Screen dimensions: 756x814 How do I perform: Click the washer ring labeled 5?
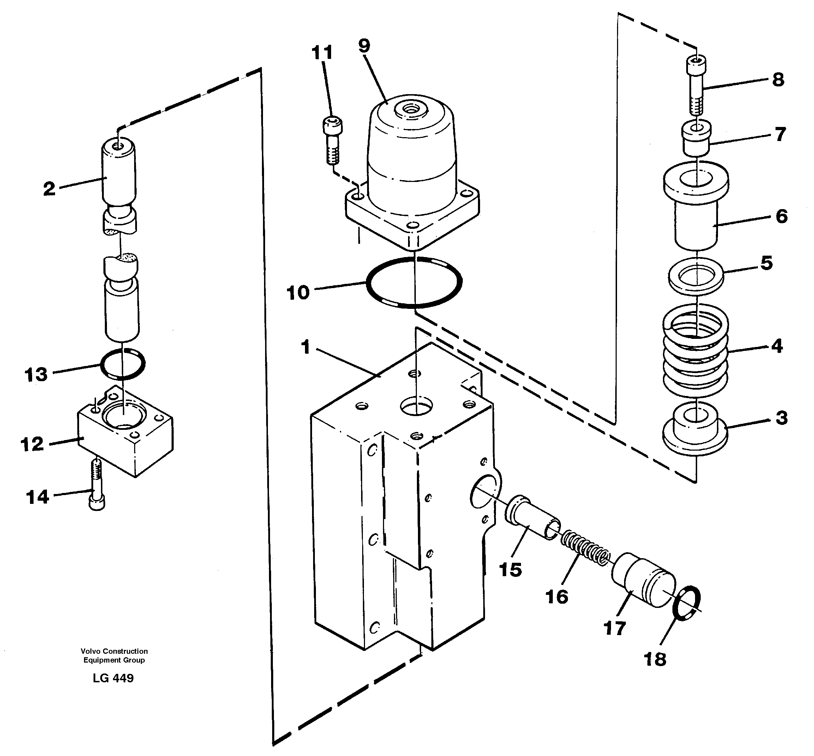(696, 276)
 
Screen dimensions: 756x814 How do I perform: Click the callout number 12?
(32, 444)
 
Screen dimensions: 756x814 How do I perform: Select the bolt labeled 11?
(333, 139)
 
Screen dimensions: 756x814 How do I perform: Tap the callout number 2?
(49, 189)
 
